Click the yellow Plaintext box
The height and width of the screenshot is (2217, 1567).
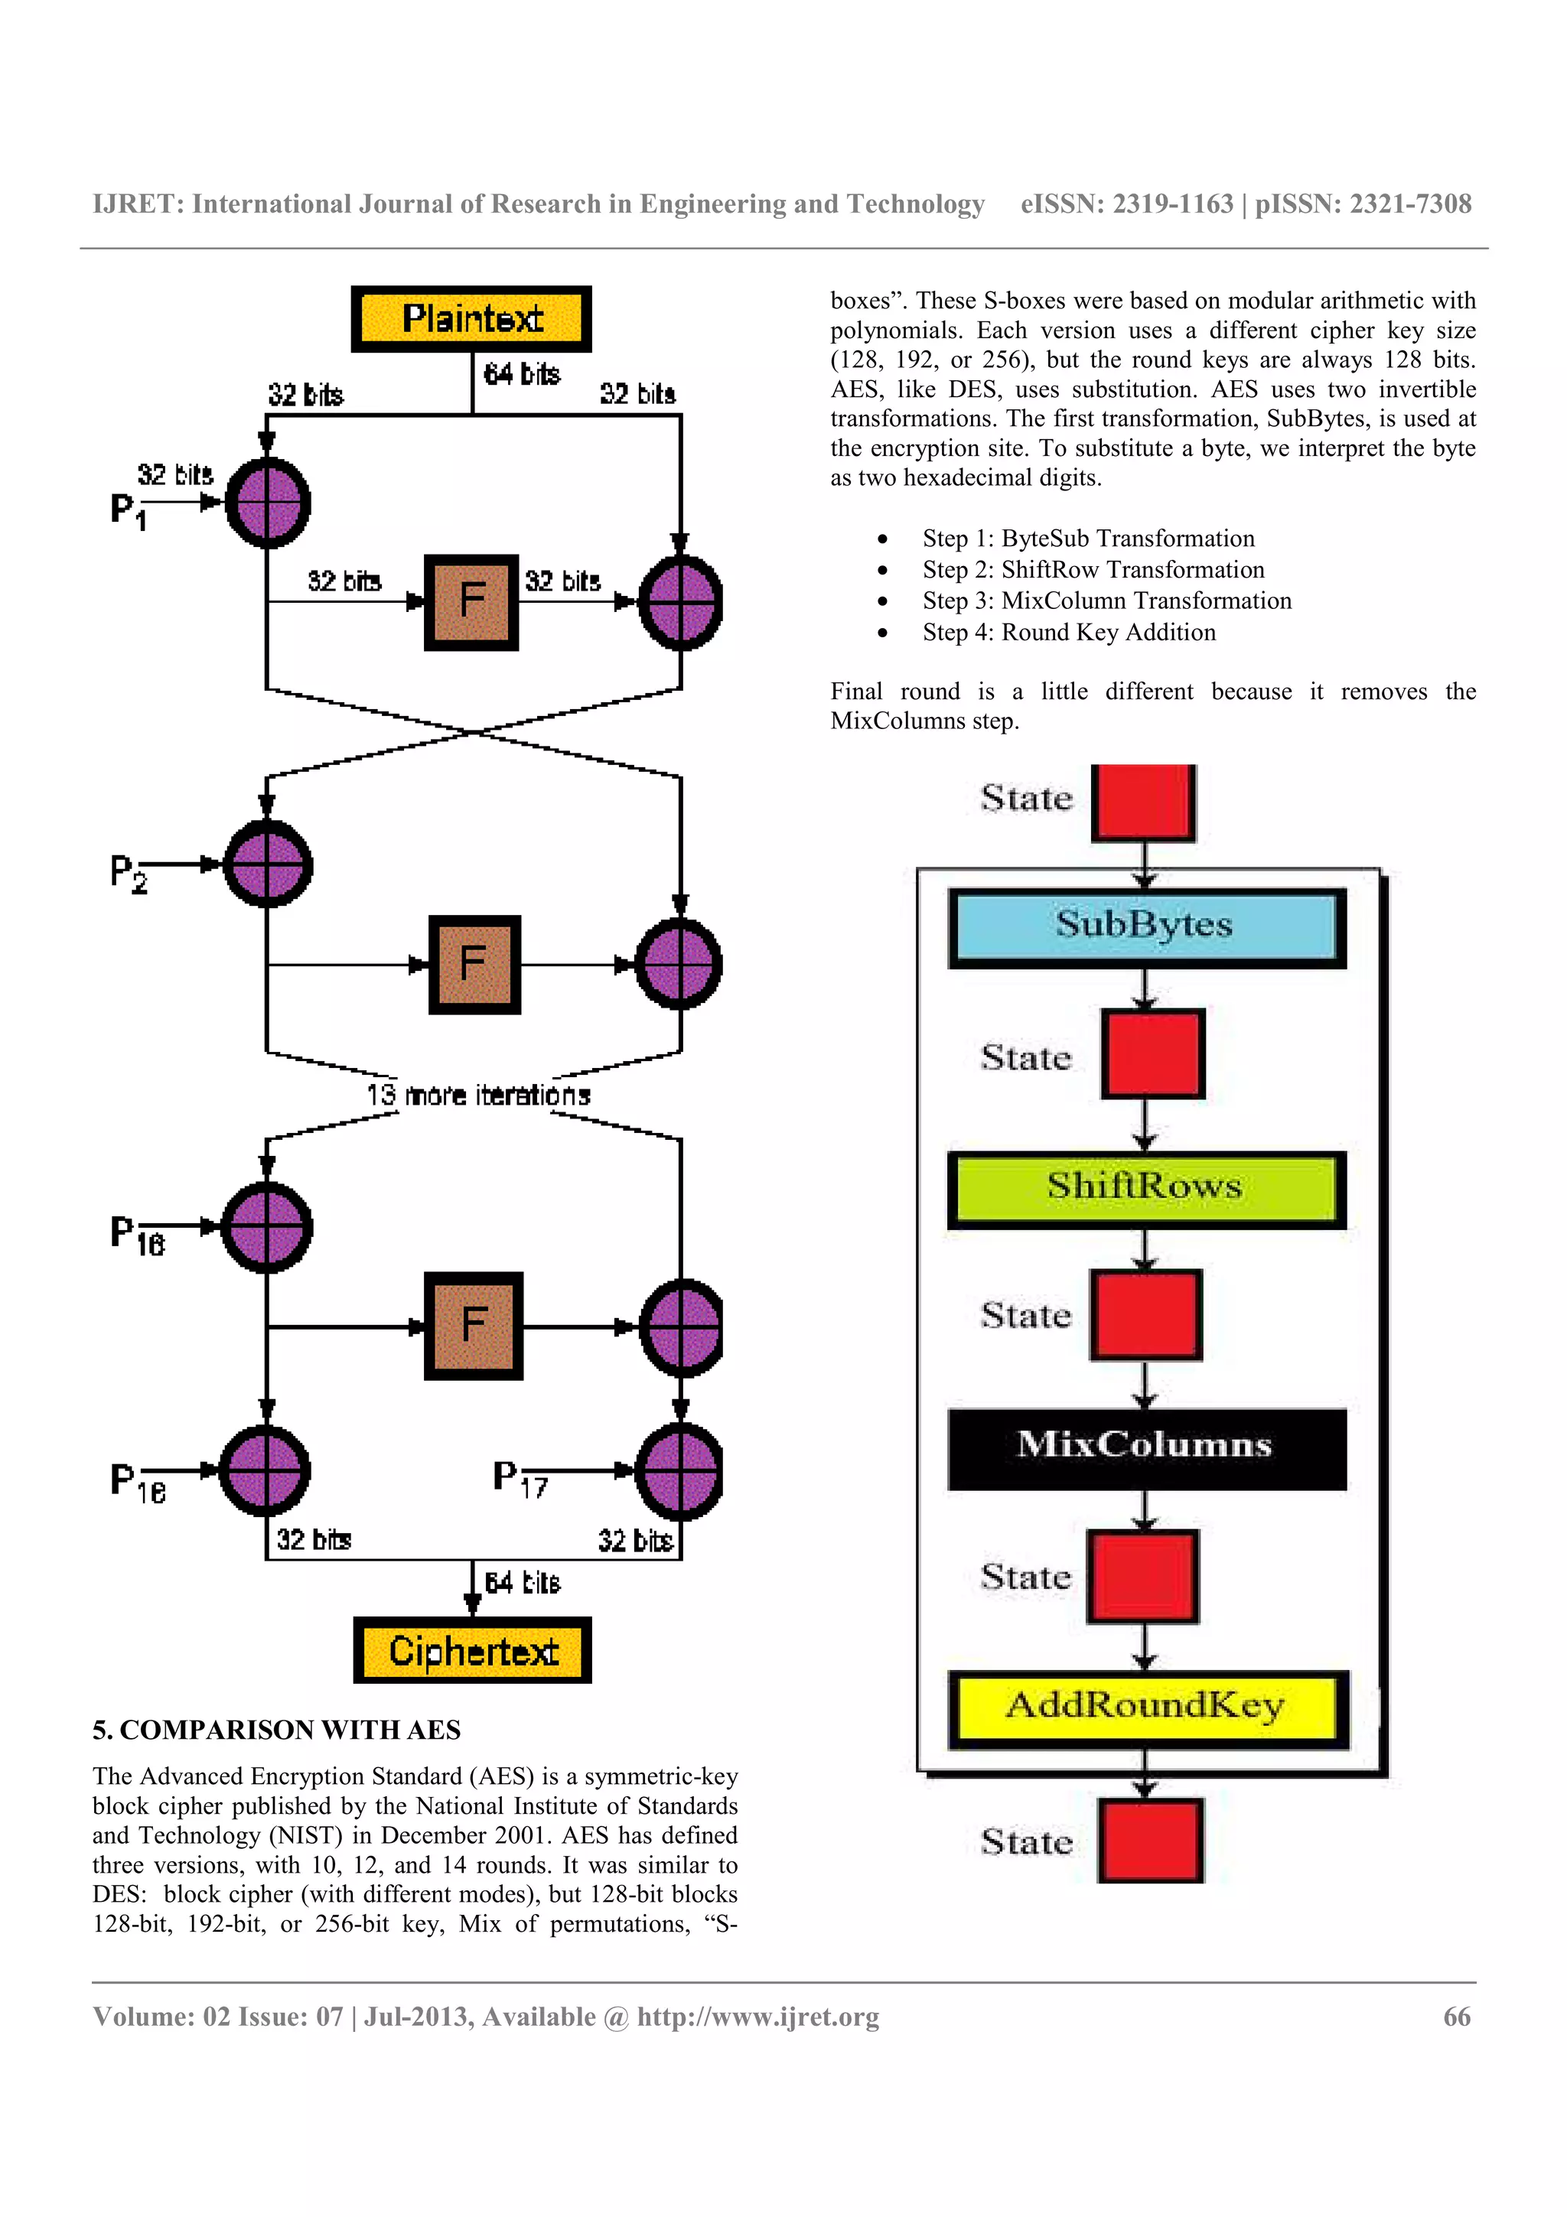[x=471, y=319]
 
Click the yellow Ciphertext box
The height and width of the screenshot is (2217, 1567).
[x=472, y=1650]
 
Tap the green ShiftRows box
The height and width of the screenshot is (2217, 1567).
[x=1146, y=1187]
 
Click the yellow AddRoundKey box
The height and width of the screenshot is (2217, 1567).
[x=1146, y=1708]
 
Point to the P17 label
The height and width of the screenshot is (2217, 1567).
[x=520, y=1478]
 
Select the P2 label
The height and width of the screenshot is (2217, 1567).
[x=129, y=873]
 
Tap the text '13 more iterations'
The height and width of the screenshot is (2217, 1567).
[x=478, y=1095]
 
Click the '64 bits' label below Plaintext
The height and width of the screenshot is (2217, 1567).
[x=521, y=373]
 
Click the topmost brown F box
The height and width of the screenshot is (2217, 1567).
[x=471, y=601]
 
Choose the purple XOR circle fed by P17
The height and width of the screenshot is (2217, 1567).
[x=679, y=1470]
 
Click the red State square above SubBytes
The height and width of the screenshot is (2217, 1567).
[x=1143, y=802]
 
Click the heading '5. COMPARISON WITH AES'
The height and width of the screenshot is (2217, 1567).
[x=277, y=1730]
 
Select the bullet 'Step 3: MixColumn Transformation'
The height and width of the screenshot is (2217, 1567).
[x=1106, y=601]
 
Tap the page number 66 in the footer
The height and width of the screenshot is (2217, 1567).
[x=1456, y=2017]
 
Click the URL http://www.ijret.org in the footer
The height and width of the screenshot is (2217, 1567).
[x=758, y=2017]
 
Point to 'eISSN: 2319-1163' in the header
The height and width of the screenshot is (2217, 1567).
[x=1127, y=203]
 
